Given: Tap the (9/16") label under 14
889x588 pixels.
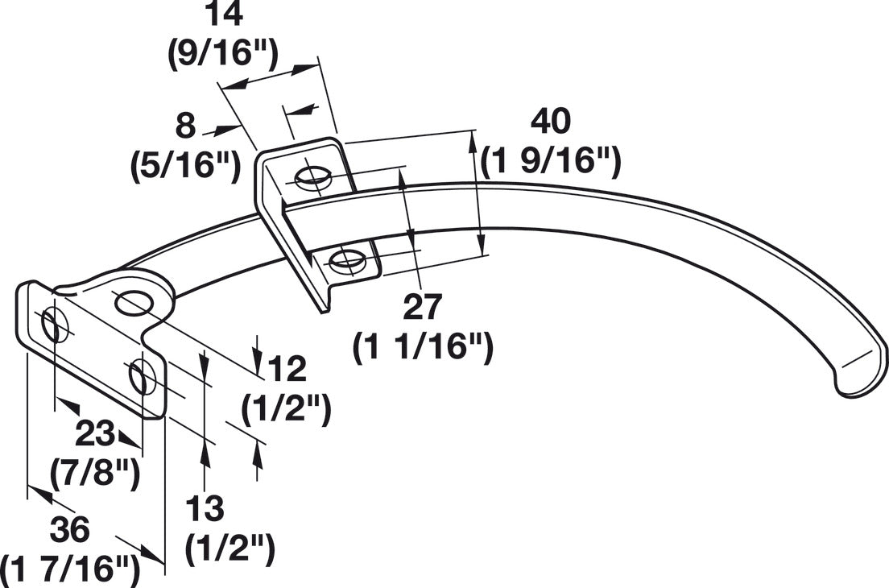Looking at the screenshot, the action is coord(223,55).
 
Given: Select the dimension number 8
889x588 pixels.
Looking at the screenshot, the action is coord(185,126).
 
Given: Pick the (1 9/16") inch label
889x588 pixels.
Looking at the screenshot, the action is coord(551,162).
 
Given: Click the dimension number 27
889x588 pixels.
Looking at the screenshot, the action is coord(422,307).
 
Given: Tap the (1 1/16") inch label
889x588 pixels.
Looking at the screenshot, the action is coord(423,348).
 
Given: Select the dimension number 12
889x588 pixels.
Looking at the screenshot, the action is coord(287,369).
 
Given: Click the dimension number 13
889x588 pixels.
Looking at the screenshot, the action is coord(205,508).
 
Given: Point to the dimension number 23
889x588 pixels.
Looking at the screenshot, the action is coord(95,434).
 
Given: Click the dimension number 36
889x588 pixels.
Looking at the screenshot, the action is coord(70,529).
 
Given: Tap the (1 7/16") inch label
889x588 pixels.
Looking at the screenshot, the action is coord(70,569).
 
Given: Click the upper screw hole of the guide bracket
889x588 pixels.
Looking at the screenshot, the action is coord(312,178).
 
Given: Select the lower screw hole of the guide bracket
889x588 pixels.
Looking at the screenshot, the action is coord(346,259).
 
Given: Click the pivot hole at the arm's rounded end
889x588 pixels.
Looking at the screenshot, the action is coord(134,303).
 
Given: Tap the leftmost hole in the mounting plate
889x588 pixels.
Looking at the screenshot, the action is coord(55,325).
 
